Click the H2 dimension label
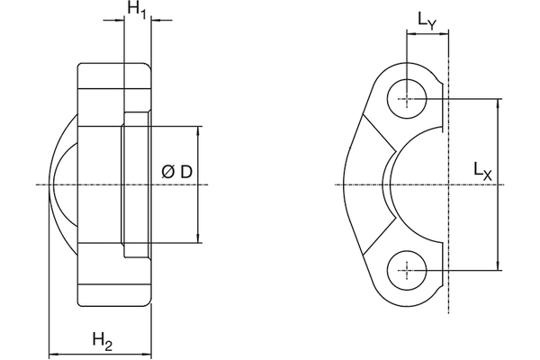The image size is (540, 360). (103, 339)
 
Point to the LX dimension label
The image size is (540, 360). (482, 169)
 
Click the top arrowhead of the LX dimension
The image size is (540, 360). (499, 102)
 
